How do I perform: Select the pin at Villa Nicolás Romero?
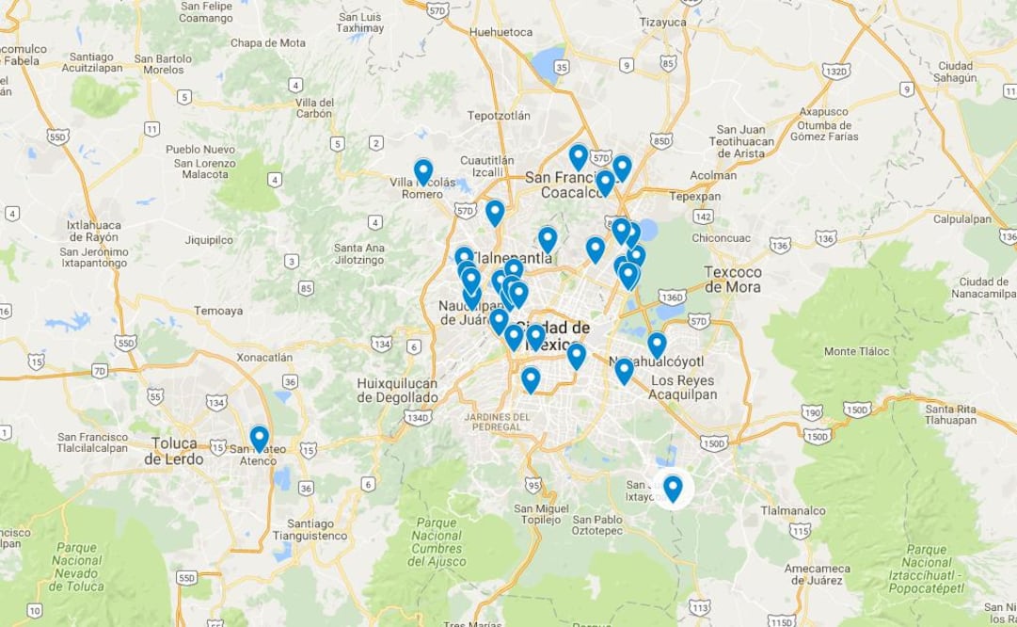pos(423,171)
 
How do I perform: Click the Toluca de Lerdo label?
pos(173,451)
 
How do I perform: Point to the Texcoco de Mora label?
pos(733,280)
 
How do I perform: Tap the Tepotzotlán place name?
pos(499,116)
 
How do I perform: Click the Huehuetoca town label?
pos(500,31)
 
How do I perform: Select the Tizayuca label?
pos(663,22)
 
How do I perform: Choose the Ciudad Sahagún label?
pos(955,72)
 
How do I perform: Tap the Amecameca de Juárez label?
pos(817,574)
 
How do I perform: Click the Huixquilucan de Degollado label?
pos(397,390)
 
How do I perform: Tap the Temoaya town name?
pos(218,311)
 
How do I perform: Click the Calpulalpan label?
pos(964,218)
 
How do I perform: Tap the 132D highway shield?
pos(835,71)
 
